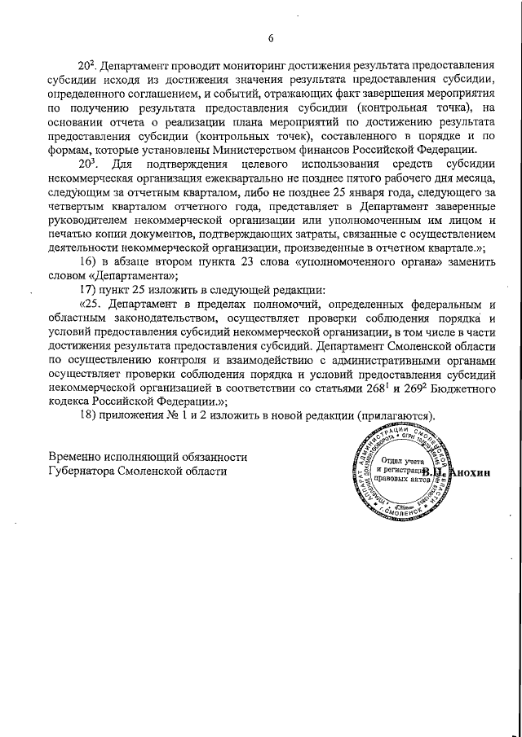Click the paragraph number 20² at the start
(87, 64)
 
